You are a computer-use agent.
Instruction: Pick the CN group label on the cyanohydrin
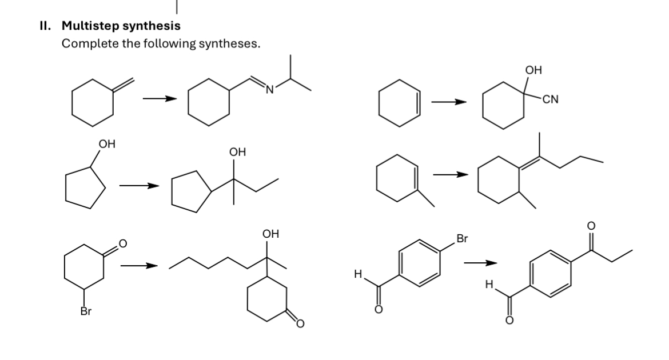pos(551,101)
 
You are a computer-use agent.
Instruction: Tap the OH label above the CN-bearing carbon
pos(533,70)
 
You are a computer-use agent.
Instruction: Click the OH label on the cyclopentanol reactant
pos(106,145)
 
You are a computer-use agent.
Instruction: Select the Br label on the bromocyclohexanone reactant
pos(86,311)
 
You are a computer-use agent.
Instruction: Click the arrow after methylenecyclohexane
pos(158,99)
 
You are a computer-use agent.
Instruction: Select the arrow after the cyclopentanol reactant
pos(139,186)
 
